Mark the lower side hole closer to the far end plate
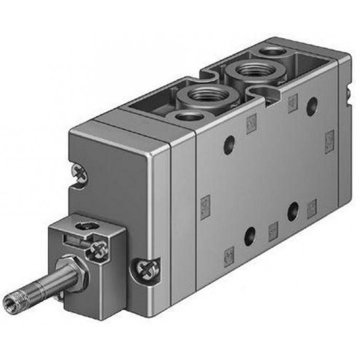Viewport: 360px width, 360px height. (292, 211)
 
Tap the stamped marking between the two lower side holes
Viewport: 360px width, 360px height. (273, 230)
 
